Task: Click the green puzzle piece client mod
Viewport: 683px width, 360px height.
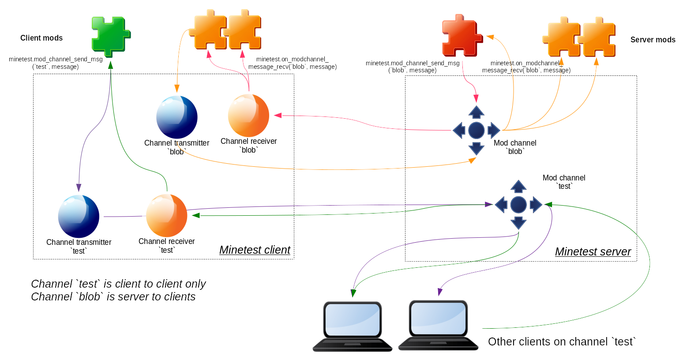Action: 110,36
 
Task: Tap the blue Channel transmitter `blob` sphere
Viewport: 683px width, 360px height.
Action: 176,117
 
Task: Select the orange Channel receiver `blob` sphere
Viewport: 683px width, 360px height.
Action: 248,116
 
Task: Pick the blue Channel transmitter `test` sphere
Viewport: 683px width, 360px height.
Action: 79,216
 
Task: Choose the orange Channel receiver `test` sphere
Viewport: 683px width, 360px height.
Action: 166,215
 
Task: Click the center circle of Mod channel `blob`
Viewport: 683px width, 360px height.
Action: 476,131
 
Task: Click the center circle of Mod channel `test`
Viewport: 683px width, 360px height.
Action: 518,205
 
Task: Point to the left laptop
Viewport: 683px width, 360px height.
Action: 352,326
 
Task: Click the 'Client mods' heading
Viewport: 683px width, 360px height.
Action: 41,38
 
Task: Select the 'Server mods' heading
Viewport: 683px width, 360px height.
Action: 653,40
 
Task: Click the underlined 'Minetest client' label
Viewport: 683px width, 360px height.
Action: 255,250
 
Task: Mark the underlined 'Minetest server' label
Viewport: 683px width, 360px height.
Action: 593,251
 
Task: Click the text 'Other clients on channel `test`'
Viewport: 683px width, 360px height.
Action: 562,341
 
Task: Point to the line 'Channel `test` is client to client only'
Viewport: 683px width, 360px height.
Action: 118,284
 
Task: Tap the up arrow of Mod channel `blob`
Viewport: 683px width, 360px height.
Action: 476,112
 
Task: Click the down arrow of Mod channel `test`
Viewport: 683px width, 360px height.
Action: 518,223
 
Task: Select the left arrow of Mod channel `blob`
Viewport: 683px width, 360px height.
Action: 459,131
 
